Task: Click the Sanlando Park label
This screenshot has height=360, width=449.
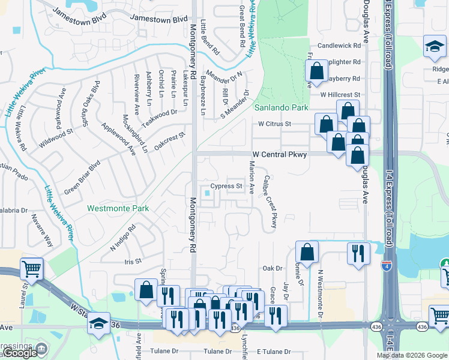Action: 281,108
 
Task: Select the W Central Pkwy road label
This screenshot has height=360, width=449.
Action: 279,154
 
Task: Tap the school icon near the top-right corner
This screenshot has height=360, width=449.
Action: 434,47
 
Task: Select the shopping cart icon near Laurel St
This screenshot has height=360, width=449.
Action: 31,269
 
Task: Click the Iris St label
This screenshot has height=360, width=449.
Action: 132,261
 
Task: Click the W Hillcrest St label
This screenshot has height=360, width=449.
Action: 340,95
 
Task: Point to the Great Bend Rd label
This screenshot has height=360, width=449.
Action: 242,26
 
